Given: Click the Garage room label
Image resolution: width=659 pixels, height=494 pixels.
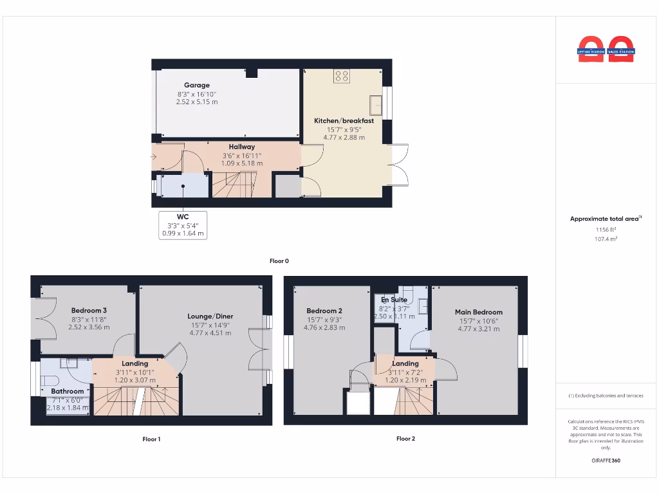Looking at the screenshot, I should pos(196,85).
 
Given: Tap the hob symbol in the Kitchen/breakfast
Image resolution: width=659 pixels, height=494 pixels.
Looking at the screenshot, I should pos(341,77).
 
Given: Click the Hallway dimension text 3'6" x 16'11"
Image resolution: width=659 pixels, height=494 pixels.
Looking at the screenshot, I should pos(241,155).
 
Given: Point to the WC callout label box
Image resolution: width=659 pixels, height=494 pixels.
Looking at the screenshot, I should pos(183,225).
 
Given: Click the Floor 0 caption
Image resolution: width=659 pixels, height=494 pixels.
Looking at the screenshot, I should pos(279,261).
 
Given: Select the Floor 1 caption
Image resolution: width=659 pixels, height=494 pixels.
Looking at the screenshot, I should pos(151,439).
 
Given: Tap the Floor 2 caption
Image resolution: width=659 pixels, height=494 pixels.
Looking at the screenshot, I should pos(405,439).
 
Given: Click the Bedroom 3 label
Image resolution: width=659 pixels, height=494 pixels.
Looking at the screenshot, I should pos(89,310).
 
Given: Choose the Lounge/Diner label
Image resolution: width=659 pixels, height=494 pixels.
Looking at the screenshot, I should pos(210,316).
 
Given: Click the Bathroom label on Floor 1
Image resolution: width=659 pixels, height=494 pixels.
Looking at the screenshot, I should pos(68,391).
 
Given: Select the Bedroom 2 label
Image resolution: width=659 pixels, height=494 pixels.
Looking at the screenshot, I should pos(324,311).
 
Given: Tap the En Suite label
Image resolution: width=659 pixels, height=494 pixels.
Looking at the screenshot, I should pos(394,300).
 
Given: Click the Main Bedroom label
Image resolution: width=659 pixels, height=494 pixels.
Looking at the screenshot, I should pos(478,313).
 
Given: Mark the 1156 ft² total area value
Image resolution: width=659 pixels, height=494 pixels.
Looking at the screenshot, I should pos(606,229).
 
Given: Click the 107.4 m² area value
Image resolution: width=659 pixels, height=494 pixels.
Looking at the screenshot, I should pos(606,239).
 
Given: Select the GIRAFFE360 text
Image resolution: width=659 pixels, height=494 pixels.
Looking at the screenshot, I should pos(606,461).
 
